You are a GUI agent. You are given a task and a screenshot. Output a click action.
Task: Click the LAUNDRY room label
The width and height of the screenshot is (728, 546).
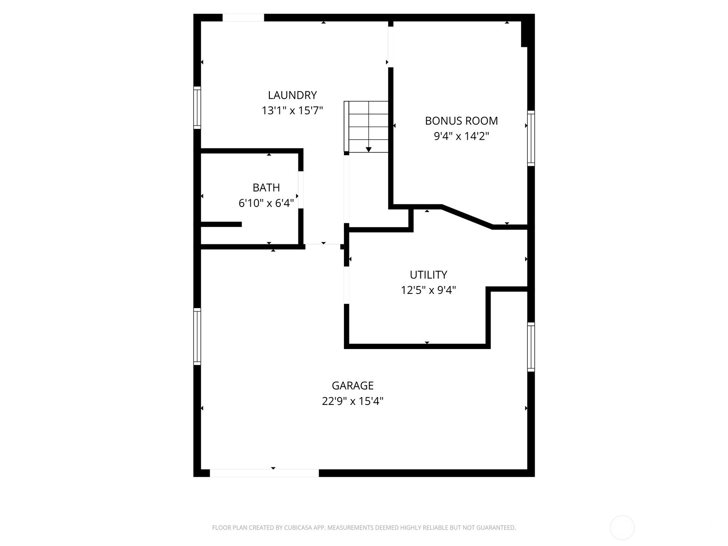[292, 95]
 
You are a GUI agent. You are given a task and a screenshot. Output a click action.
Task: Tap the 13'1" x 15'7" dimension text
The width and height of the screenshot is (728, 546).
[292, 111]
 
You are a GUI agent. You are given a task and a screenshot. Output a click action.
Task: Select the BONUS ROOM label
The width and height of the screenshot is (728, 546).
[461, 121]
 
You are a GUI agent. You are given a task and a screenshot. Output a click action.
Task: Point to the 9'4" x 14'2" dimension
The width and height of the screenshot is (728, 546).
[461, 136]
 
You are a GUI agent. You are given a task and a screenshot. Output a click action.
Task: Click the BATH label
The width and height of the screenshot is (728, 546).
[266, 187]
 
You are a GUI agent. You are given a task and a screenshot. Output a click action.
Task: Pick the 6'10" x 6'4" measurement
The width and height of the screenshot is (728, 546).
[266, 203]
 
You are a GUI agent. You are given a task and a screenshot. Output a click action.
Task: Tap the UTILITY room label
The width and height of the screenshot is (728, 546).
[428, 275]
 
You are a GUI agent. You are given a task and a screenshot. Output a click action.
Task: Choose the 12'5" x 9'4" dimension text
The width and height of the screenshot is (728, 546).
[428, 290]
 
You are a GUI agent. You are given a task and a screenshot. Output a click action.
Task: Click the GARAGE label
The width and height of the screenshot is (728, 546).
[353, 386]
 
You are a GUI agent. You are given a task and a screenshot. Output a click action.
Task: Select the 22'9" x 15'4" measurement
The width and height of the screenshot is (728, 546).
[353, 401]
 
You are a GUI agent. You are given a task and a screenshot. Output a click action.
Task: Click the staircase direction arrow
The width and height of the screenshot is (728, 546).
[369, 149]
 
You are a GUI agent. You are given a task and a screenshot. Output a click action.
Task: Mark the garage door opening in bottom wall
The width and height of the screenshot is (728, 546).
[264, 473]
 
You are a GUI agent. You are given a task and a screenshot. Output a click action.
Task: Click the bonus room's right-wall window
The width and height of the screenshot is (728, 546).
[531, 138]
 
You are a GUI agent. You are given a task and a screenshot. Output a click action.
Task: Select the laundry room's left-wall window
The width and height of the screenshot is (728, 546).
[197, 107]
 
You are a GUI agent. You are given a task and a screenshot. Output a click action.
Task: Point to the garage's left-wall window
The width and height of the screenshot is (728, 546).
[197, 336]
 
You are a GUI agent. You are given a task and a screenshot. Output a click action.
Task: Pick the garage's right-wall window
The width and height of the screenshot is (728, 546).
[531, 347]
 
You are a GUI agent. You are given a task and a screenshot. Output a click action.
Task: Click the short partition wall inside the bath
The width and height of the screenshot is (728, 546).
[221, 224]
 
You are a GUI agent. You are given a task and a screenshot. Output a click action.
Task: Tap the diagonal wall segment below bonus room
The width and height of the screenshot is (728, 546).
[467, 217]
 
